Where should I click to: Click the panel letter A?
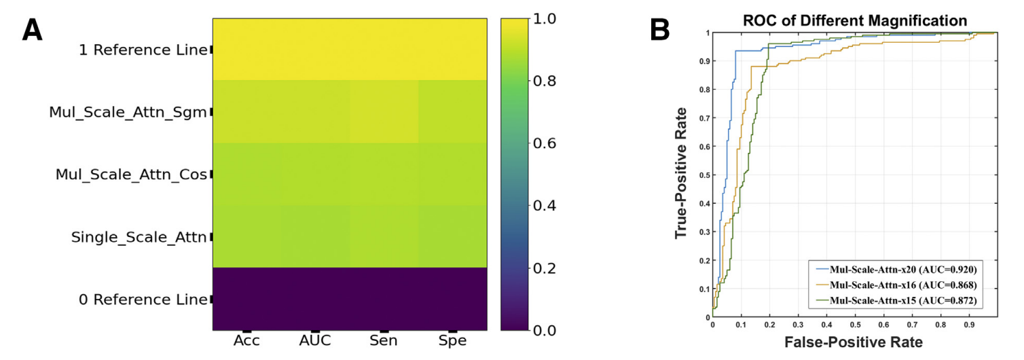[32, 31]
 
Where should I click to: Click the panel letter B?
[660, 31]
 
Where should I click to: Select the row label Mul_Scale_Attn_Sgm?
[128, 112]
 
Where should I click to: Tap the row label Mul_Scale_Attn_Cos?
[131, 175]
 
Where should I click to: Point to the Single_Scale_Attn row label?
[139, 237]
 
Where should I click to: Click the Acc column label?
[246, 340]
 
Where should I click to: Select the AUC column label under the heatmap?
[315, 340]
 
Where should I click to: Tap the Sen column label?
[384, 340]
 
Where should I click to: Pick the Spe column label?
[452, 340]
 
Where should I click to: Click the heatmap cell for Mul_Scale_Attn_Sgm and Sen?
[384, 112]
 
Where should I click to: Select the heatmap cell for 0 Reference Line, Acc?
[246, 300]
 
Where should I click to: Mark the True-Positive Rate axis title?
[681, 173]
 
